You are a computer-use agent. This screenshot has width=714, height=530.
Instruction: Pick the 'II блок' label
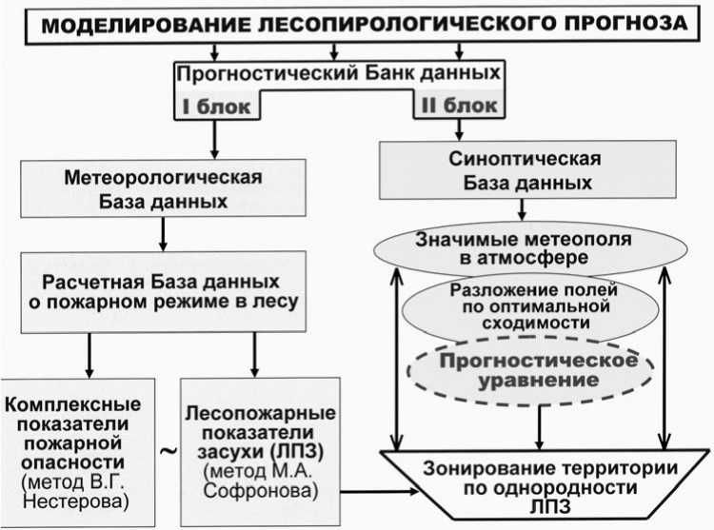pos(454,106)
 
